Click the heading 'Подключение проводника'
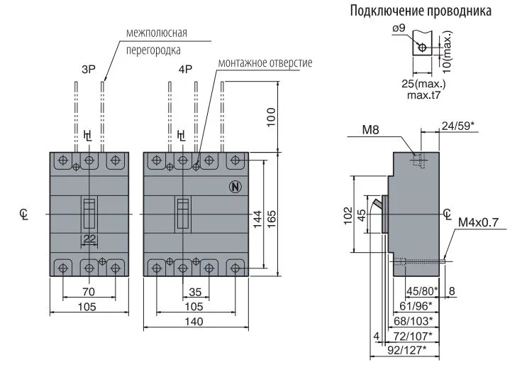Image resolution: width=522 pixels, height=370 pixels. [420, 12]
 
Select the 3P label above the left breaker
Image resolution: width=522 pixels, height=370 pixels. [88, 70]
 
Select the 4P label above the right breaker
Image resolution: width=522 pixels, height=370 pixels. [186, 70]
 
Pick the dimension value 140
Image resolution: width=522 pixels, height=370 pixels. [194, 322]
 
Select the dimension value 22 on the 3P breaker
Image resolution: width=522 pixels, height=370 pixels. [89, 239]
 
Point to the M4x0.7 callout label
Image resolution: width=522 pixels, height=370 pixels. [478, 222]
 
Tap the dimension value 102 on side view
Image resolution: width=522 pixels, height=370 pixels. [347, 214]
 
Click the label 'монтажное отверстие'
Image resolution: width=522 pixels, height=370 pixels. [265, 62]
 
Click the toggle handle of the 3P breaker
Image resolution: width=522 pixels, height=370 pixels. [89, 213]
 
